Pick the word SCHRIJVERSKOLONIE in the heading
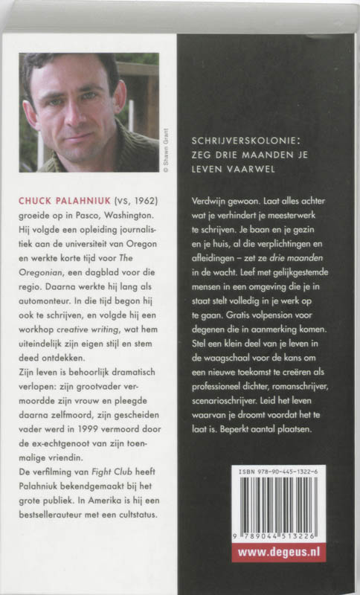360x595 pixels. (235, 139)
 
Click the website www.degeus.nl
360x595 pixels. (279, 553)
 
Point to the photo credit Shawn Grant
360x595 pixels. (166, 152)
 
